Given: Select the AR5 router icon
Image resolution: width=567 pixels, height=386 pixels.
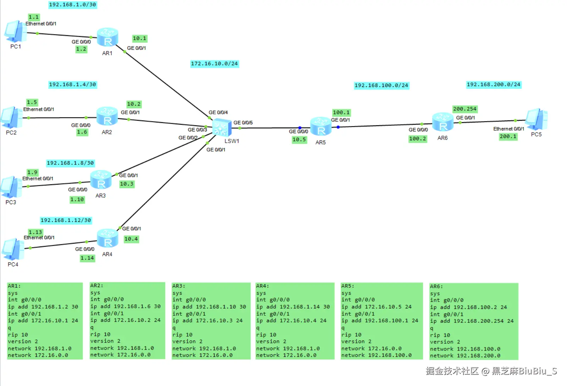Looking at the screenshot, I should point(321,126).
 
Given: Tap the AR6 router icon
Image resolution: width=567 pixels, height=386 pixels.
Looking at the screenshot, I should point(442,122).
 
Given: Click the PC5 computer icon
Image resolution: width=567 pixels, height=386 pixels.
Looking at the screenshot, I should point(536,119).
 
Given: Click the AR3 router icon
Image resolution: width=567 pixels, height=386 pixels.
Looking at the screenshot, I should point(101,180).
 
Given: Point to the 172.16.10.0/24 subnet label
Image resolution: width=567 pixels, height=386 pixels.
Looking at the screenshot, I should point(214,64).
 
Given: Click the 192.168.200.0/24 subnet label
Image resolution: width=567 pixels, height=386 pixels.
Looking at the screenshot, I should point(493,85).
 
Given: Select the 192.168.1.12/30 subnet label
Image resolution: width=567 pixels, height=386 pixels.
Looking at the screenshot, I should point(66,221).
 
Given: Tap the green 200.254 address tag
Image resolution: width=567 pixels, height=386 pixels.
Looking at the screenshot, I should point(464,109).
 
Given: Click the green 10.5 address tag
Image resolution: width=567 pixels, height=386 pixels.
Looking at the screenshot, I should point(299,140).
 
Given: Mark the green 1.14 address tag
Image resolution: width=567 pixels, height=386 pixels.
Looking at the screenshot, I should point(87,258).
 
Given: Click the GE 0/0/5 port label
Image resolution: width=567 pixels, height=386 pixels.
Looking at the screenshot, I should point(243,123).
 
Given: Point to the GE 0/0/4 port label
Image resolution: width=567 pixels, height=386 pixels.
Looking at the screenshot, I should point(218,112).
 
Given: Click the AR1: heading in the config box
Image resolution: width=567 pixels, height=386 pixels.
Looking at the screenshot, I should point(14,286).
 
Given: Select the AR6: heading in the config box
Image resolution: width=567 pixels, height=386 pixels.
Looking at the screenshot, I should point(436,287).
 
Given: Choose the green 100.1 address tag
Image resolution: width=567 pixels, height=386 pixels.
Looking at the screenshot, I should point(341,113).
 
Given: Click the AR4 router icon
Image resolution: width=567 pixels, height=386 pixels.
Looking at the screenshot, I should point(108,238).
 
